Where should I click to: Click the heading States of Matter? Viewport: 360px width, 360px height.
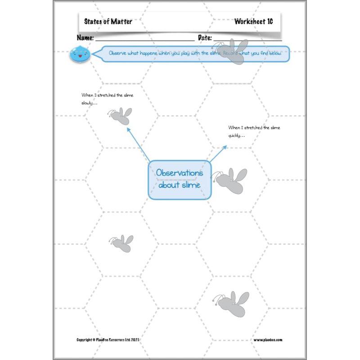click(x=108, y=22)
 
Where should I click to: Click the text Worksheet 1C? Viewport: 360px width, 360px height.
click(x=253, y=22)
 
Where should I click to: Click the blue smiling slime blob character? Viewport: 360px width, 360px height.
click(x=80, y=54)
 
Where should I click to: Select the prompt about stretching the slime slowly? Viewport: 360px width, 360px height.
click(x=107, y=99)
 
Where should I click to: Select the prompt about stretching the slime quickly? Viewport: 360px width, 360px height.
click(x=254, y=131)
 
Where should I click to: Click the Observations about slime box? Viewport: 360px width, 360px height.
click(x=180, y=179)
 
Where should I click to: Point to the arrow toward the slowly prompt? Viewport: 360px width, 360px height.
click(x=138, y=144)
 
